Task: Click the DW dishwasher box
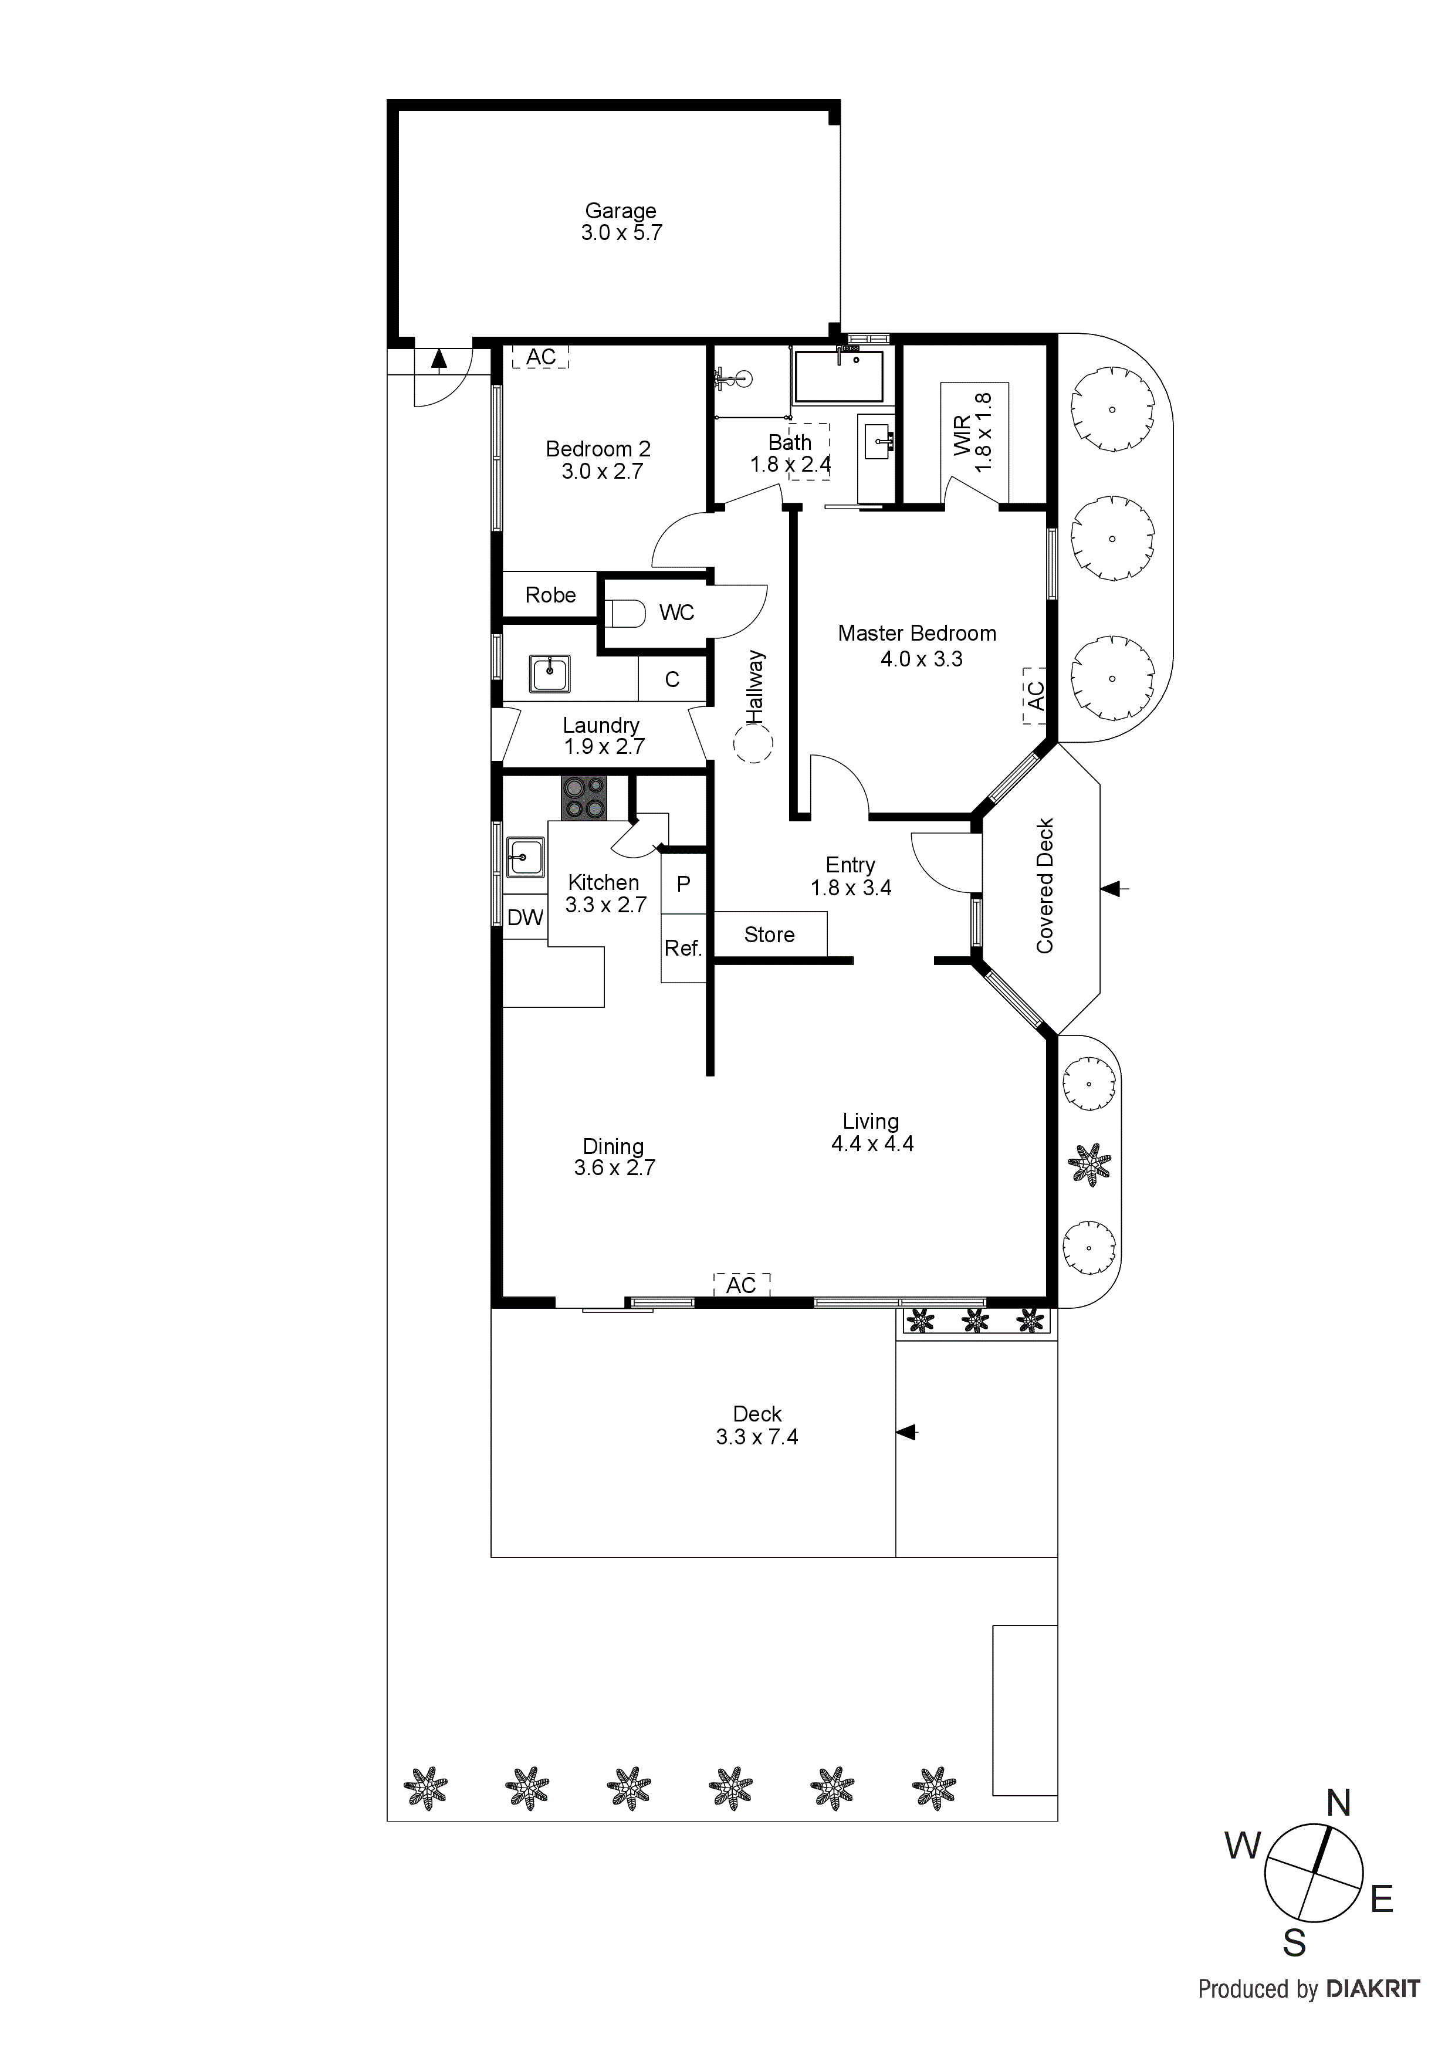525,917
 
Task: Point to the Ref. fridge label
683,948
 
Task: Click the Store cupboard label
769,935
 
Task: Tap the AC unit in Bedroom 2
540,357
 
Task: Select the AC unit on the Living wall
742,1285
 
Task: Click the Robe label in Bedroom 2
550,595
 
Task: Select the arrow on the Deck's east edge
906,1433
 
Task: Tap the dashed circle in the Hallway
753,744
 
